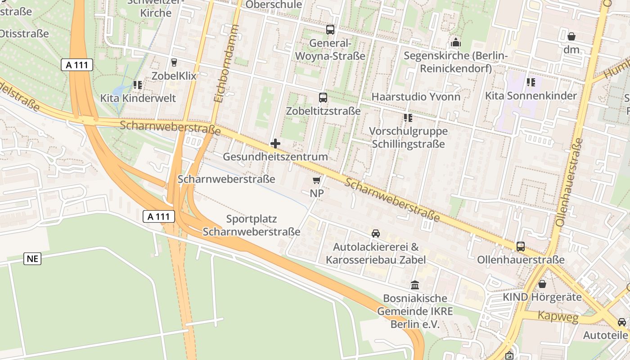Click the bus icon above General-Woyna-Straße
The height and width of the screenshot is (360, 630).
pyautogui.click(x=330, y=30)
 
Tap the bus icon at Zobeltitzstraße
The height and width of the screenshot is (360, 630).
pyautogui.click(x=323, y=97)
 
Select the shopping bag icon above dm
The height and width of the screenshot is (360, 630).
pyautogui.click(x=571, y=36)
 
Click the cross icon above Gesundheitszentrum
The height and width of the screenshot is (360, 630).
pyautogui.click(x=275, y=144)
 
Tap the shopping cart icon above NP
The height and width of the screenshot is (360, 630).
pyautogui.click(x=316, y=180)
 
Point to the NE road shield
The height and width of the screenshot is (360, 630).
pyautogui.click(x=32, y=258)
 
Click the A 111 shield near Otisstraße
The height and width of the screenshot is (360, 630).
pyautogui.click(x=77, y=65)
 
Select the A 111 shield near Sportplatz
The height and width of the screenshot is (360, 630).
pyautogui.click(x=159, y=216)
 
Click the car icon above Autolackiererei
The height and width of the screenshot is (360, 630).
pyautogui.click(x=375, y=233)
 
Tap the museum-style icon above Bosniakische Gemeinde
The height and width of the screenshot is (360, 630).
pyautogui.click(x=414, y=285)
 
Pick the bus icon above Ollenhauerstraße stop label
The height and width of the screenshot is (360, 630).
pyautogui.click(x=520, y=246)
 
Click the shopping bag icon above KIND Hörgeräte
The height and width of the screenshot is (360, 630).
pyautogui.click(x=542, y=284)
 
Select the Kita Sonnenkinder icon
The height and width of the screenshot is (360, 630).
pyautogui.click(x=531, y=82)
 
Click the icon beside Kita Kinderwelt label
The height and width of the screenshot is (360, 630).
pyautogui.click(x=137, y=85)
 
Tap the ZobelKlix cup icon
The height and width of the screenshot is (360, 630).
pyautogui.click(x=174, y=62)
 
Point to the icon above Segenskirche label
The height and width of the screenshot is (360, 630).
pyautogui.click(x=455, y=43)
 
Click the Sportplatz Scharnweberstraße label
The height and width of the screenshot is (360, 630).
pyautogui.click(x=251, y=225)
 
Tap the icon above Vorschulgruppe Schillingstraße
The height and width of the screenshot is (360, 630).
pyautogui.click(x=408, y=118)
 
